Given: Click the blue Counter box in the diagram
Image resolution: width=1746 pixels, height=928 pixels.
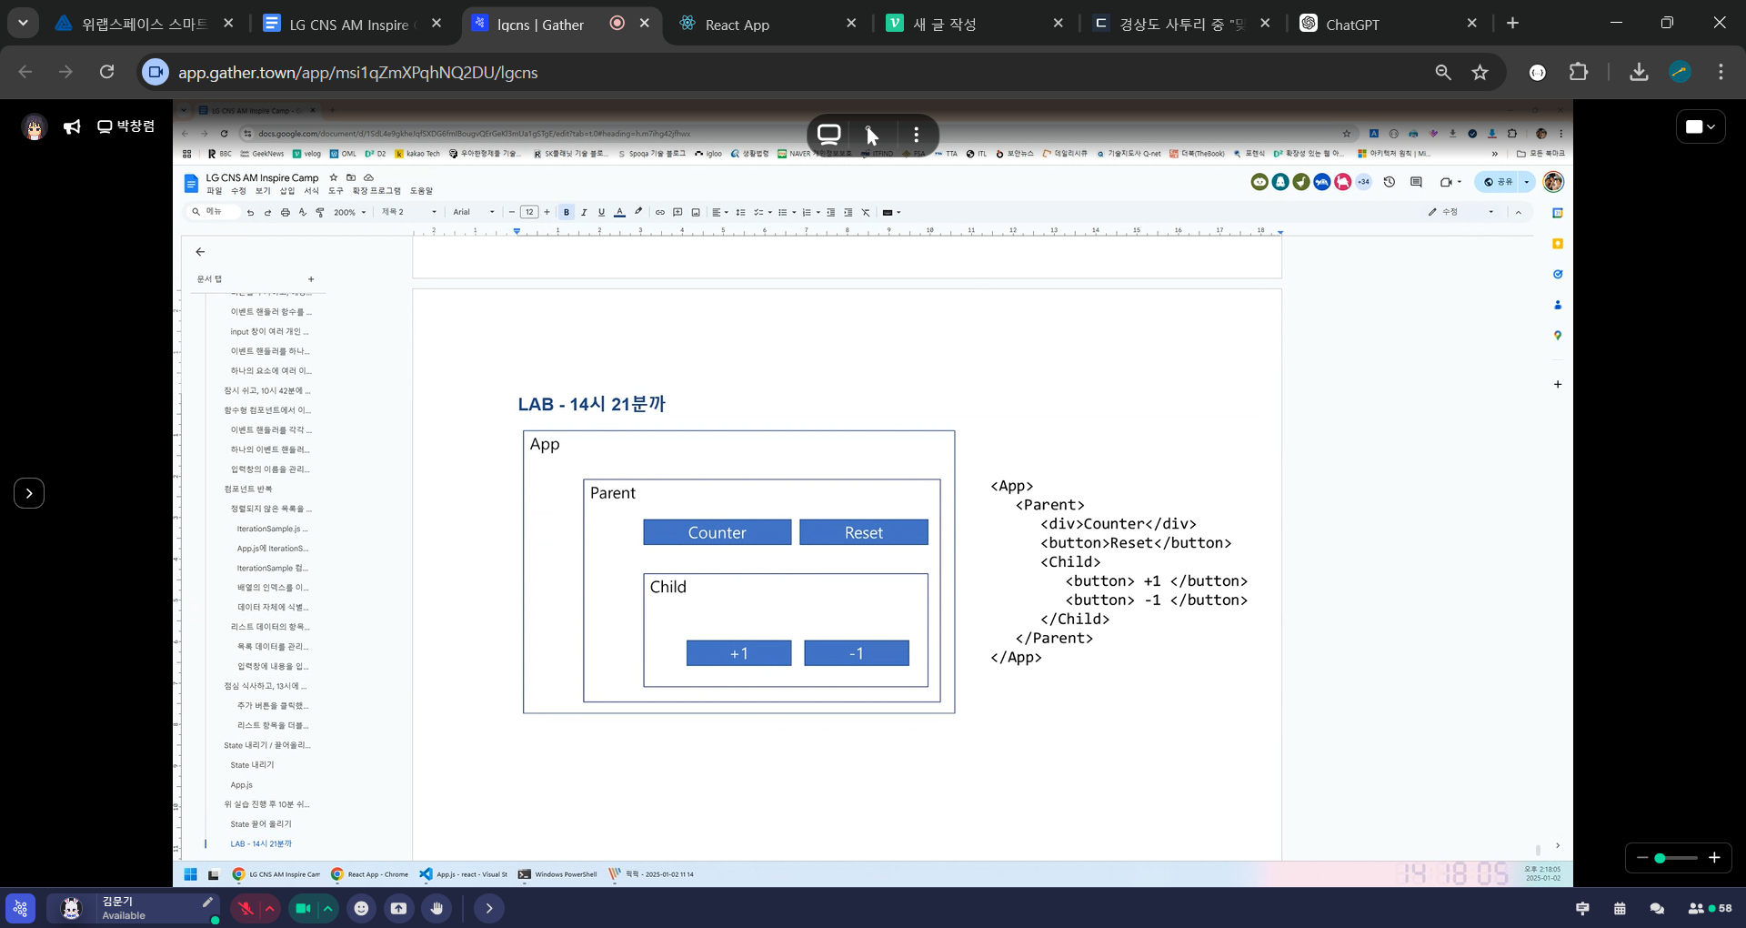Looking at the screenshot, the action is [x=717, y=532].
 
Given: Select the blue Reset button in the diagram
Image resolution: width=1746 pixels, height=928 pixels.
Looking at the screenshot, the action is [x=863, y=532].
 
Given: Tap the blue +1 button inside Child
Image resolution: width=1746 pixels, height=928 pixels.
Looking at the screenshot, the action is [x=738, y=653].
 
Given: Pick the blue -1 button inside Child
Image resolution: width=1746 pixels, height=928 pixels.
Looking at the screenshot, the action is [x=856, y=653].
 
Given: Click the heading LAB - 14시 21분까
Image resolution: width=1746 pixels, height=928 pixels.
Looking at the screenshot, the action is [x=591, y=404].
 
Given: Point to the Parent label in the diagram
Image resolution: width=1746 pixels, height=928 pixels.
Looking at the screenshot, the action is [x=613, y=493].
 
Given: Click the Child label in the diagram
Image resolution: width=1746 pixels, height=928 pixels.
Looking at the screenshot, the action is [x=668, y=587].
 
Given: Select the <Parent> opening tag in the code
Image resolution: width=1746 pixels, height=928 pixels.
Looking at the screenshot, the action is [x=1049, y=505].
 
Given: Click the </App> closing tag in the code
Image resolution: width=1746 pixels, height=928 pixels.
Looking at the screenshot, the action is [x=1016, y=657].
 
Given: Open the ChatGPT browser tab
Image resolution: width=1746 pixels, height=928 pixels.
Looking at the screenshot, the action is [x=1351, y=25].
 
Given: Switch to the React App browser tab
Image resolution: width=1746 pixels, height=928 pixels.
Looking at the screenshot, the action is [x=737, y=25].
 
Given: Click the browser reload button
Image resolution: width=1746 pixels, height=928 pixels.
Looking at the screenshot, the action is [x=107, y=72].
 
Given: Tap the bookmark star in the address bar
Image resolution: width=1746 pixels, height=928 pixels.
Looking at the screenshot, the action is [x=1480, y=72].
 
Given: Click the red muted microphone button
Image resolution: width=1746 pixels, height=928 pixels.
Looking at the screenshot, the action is [x=246, y=908].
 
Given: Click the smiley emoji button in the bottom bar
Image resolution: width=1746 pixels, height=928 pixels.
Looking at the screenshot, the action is [x=362, y=908].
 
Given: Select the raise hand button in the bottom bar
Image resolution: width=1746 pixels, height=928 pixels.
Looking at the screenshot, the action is [x=437, y=908].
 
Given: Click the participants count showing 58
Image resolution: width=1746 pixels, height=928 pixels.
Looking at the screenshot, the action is [x=1710, y=908].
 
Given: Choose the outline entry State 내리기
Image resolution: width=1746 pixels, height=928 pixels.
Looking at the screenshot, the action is [x=252, y=765].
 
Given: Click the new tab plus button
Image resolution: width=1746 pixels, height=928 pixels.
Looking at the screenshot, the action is [x=1512, y=24].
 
